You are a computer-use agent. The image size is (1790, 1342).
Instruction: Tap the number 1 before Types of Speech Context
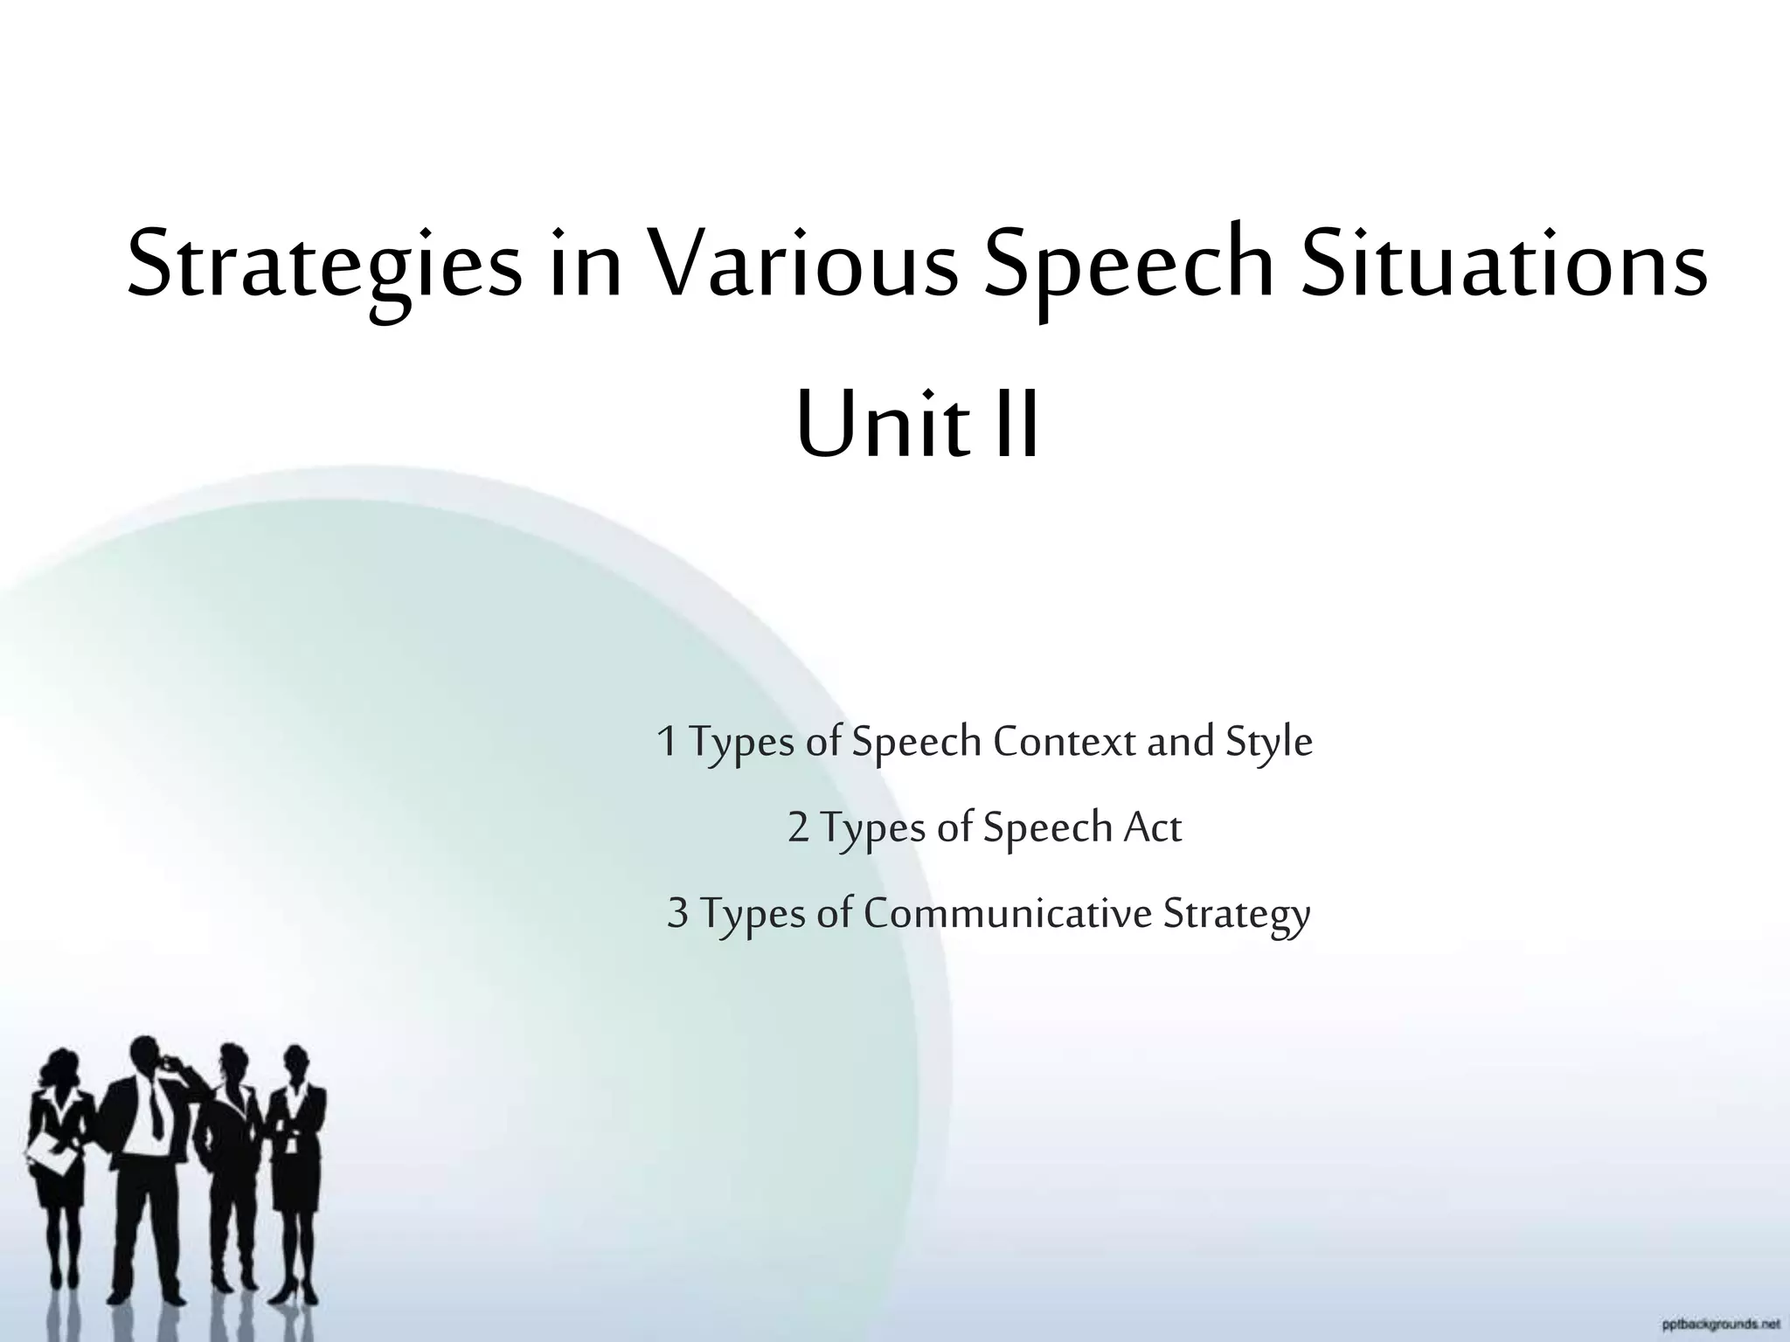tap(666, 742)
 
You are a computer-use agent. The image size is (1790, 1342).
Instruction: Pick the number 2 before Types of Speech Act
tap(798, 827)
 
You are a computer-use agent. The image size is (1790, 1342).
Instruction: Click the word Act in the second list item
tap(1152, 827)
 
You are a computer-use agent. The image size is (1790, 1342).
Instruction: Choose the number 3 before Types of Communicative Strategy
tap(677, 913)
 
